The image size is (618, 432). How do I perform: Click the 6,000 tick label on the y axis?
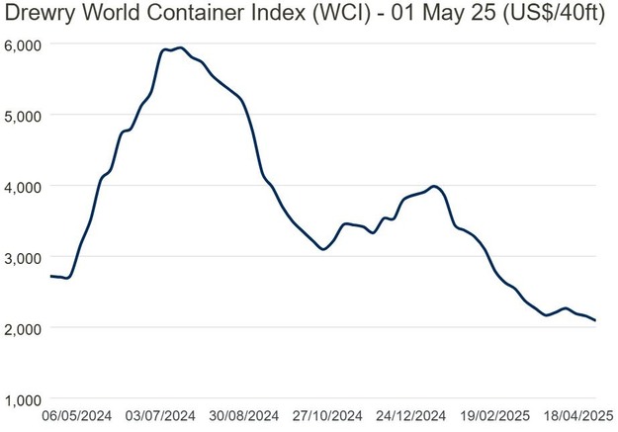point(23,45)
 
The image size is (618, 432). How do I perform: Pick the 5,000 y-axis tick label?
point(23,116)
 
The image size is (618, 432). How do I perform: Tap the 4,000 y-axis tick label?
point(23,187)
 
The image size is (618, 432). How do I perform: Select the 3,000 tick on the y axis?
point(23,257)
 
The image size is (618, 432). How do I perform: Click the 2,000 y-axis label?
point(23,328)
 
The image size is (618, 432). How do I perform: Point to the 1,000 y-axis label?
point(23,399)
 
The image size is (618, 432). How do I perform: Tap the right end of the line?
point(595,320)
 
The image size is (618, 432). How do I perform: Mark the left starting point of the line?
point(49,276)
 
